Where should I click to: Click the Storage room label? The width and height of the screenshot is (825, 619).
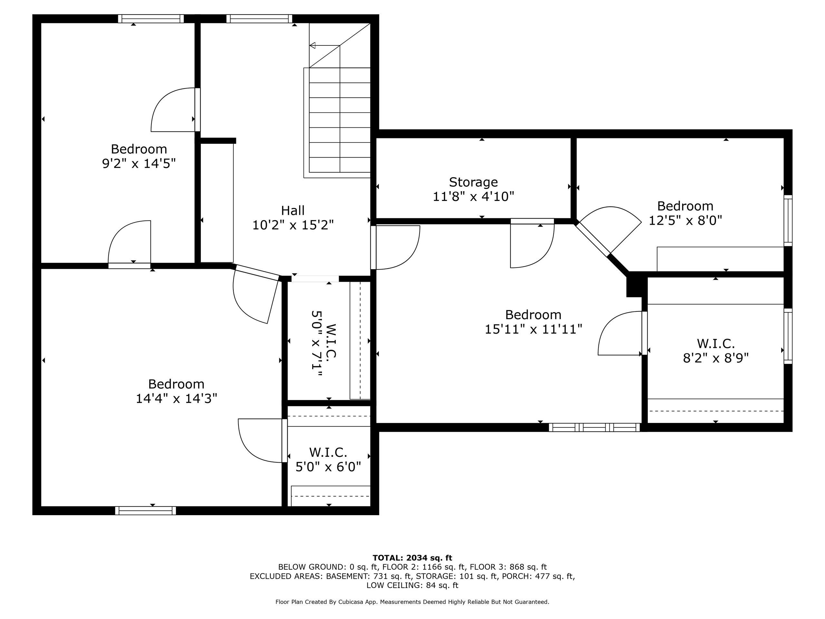pos(473,182)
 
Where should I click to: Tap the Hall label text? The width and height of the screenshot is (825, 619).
pos(293,211)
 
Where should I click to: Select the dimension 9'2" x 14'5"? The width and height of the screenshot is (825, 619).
pos(139,163)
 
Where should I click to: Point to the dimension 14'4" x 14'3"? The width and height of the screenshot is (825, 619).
pos(176,398)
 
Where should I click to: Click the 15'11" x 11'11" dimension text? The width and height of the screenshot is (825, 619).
pos(533,329)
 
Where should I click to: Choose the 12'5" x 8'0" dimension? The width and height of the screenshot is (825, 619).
pos(685,220)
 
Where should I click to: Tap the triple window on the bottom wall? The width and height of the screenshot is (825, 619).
pos(594,427)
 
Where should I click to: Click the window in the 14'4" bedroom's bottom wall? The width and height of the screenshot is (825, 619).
pos(145,510)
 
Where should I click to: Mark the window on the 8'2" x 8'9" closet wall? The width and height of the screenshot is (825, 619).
pos(788,336)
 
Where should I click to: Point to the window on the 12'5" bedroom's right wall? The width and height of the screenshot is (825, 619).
pos(788,221)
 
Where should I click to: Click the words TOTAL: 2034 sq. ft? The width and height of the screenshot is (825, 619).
pos(412,558)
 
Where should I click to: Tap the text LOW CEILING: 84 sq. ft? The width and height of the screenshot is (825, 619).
pos(412,585)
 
